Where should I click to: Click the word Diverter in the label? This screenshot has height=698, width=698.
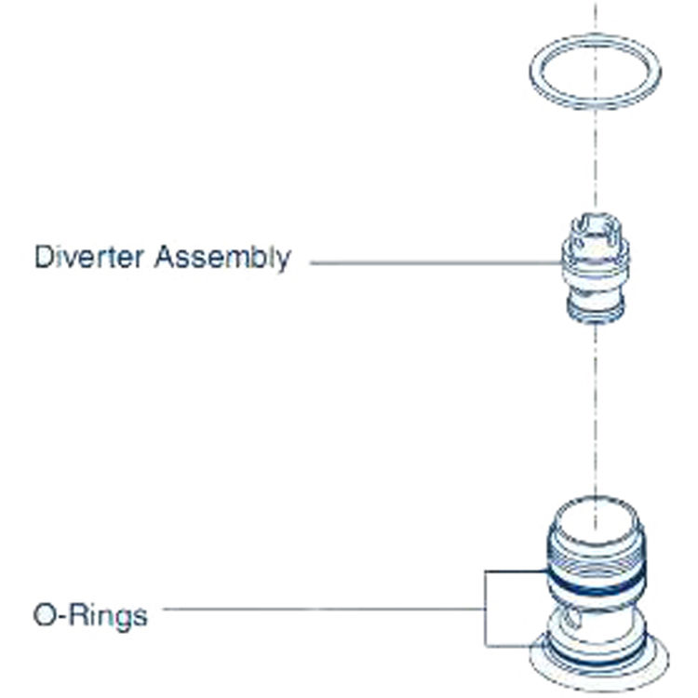click(x=90, y=257)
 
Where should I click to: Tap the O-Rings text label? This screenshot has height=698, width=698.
click(x=89, y=615)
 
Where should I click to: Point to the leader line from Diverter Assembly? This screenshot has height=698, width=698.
click(x=428, y=263)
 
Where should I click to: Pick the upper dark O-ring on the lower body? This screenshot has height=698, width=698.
click(x=593, y=582)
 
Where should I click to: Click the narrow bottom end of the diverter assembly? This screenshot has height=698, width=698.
click(x=594, y=315)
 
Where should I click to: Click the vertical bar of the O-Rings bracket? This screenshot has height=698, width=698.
click(x=485, y=610)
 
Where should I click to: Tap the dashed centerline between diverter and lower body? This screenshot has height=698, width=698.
click(x=594, y=409)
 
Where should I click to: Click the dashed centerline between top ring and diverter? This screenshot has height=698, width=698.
click(x=594, y=168)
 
